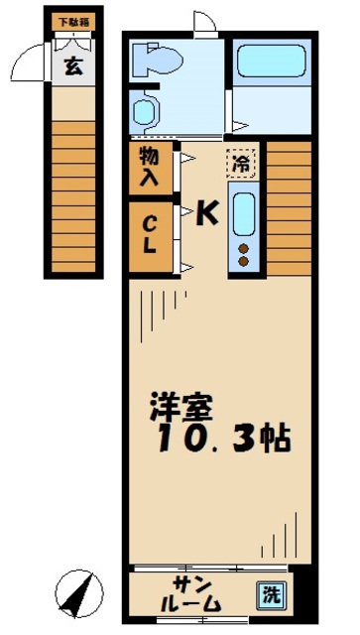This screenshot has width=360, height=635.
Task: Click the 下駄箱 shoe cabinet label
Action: pos(70,19)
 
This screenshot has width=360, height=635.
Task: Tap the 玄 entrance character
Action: pos(72,66)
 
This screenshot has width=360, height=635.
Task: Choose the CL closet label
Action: pos(149,233)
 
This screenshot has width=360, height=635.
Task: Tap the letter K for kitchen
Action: pos(206,211)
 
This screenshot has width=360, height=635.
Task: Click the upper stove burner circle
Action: pos(243,247)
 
